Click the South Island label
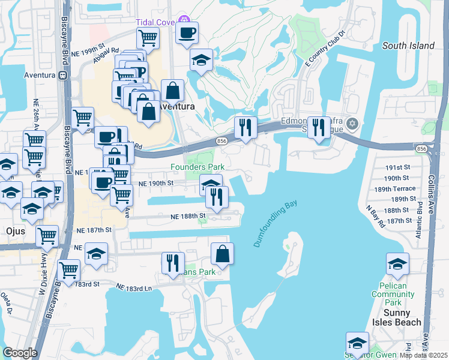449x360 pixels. coord(408,46)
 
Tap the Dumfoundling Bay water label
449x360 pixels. coord(276,224)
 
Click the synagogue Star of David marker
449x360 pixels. coord(352,124)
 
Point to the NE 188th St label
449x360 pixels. coord(188,215)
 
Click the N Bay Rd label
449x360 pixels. coord(376,215)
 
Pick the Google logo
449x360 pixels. coord(20,353)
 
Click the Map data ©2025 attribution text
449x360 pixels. coord(424,355)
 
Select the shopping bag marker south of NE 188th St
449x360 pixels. coord(222,254)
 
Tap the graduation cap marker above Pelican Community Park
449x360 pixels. coord(397,263)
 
